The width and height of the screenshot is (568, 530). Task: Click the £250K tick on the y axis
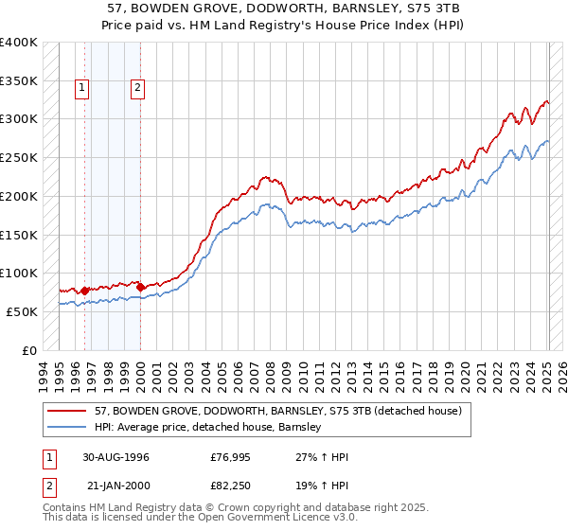click(x=19, y=158)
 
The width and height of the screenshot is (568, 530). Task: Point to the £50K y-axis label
click(x=22, y=311)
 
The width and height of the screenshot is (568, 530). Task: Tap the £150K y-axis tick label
click(x=19, y=235)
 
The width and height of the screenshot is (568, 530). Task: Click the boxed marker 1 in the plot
click(x=82, y=88)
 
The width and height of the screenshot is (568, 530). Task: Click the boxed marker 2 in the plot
click(x=138, y=88)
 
